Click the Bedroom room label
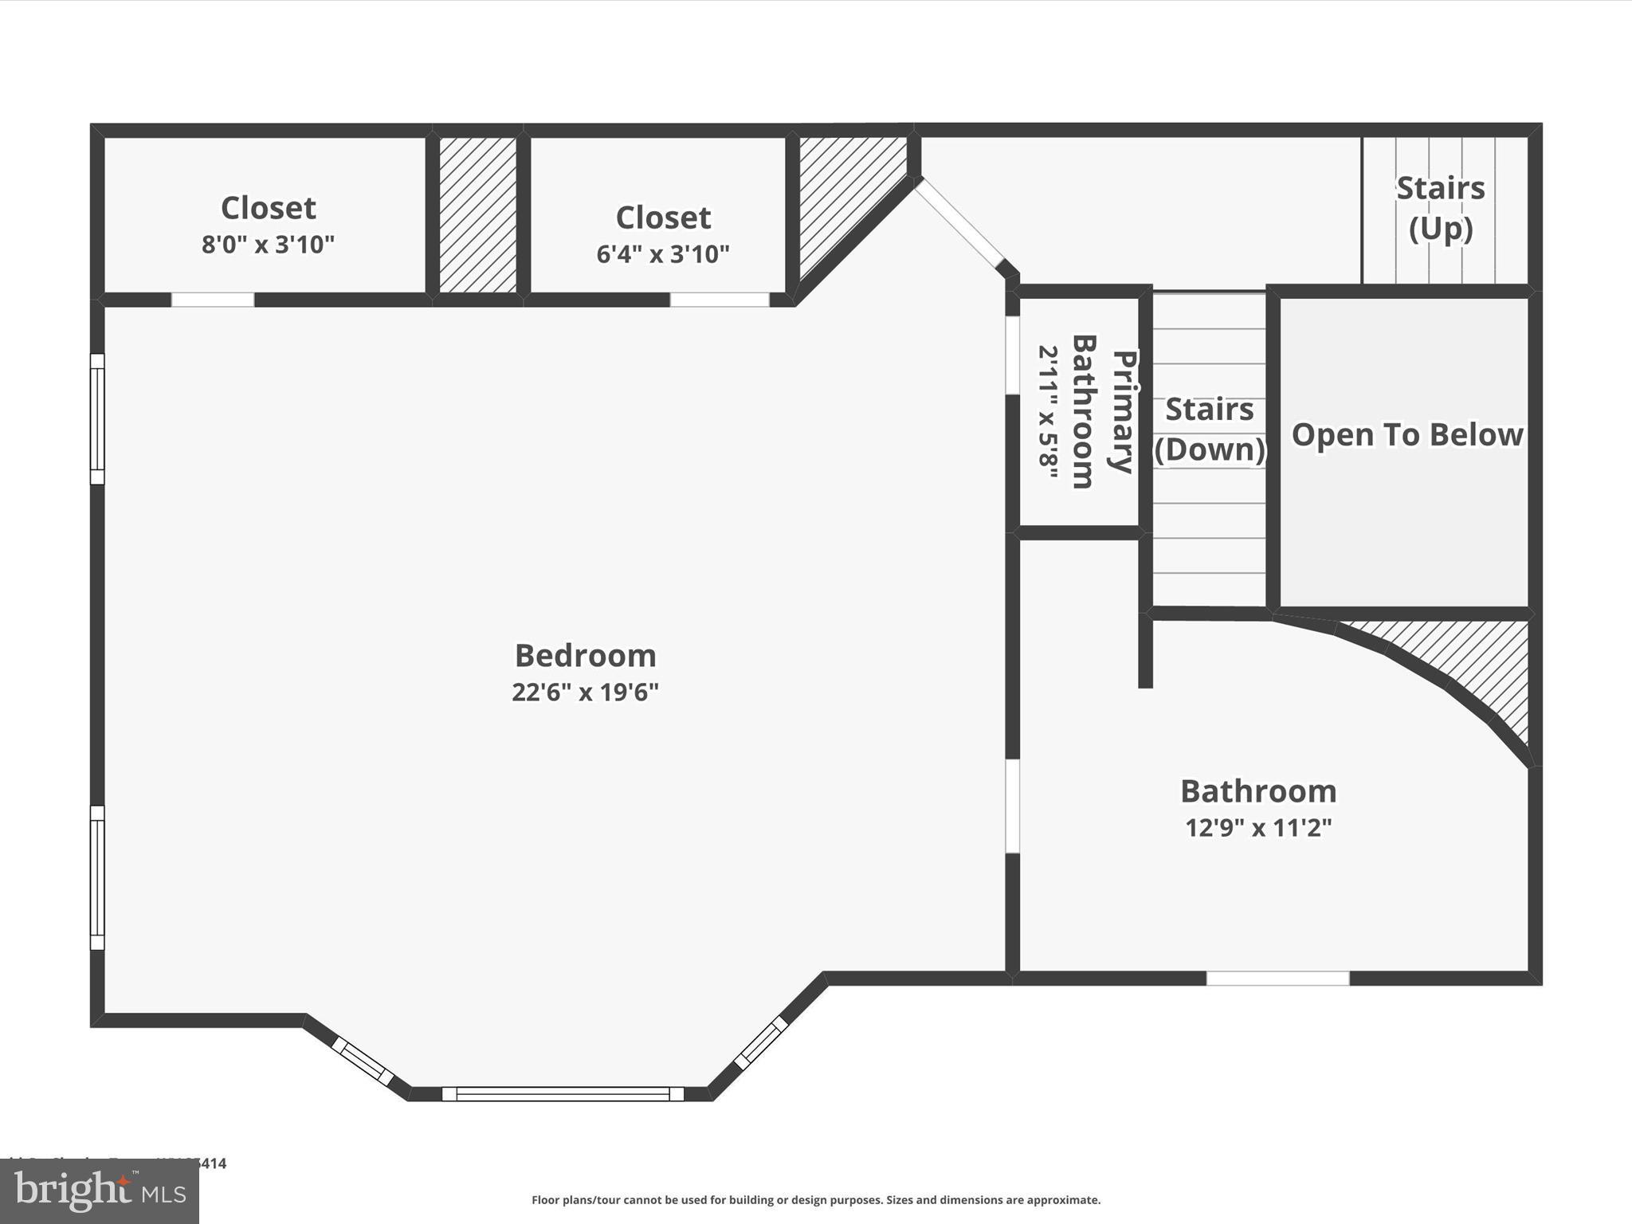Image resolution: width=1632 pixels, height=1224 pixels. pyautogui.click(x=585, y=656)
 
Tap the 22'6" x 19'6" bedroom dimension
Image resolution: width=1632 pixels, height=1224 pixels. pyautogui.click(x=585, y=692)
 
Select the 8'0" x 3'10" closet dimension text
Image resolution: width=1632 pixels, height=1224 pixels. pyautogui.click(x=268, y=245)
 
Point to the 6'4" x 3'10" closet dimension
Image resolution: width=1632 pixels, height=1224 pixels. pyautogui.click(x=663, y=254)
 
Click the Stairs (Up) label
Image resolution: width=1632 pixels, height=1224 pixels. pyautogui.click(x=1441, y=208)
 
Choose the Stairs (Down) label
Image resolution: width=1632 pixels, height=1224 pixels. pyautogui.click(x=1210, y=430)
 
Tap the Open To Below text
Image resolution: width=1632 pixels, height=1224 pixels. pyautogui.click(x=1407, y=435)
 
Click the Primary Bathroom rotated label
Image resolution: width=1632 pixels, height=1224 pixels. pyautogui.click(x=1103, y=412)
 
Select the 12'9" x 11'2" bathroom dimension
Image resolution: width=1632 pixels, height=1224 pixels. pyautogui.click(x=1258, y=828)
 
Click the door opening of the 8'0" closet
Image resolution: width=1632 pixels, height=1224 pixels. pyautogui.click(x=213, y=300)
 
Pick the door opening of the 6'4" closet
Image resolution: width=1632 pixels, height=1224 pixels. pyautogui.click(x=720, y=300)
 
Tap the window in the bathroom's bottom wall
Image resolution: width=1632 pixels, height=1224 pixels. pyautogui.click(x=1277, y=979)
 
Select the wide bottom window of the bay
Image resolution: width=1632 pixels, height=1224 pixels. pyautogui.click(x=563, y=1094)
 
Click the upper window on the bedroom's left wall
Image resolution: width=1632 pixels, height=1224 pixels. pyautogui.click(x=97, y=419)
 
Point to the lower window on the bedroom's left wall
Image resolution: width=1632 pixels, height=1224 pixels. pyautogui.click(x=97, y=877)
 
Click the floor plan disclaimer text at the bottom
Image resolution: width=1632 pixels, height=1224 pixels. pyautogui.click(x=816, y=1200)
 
